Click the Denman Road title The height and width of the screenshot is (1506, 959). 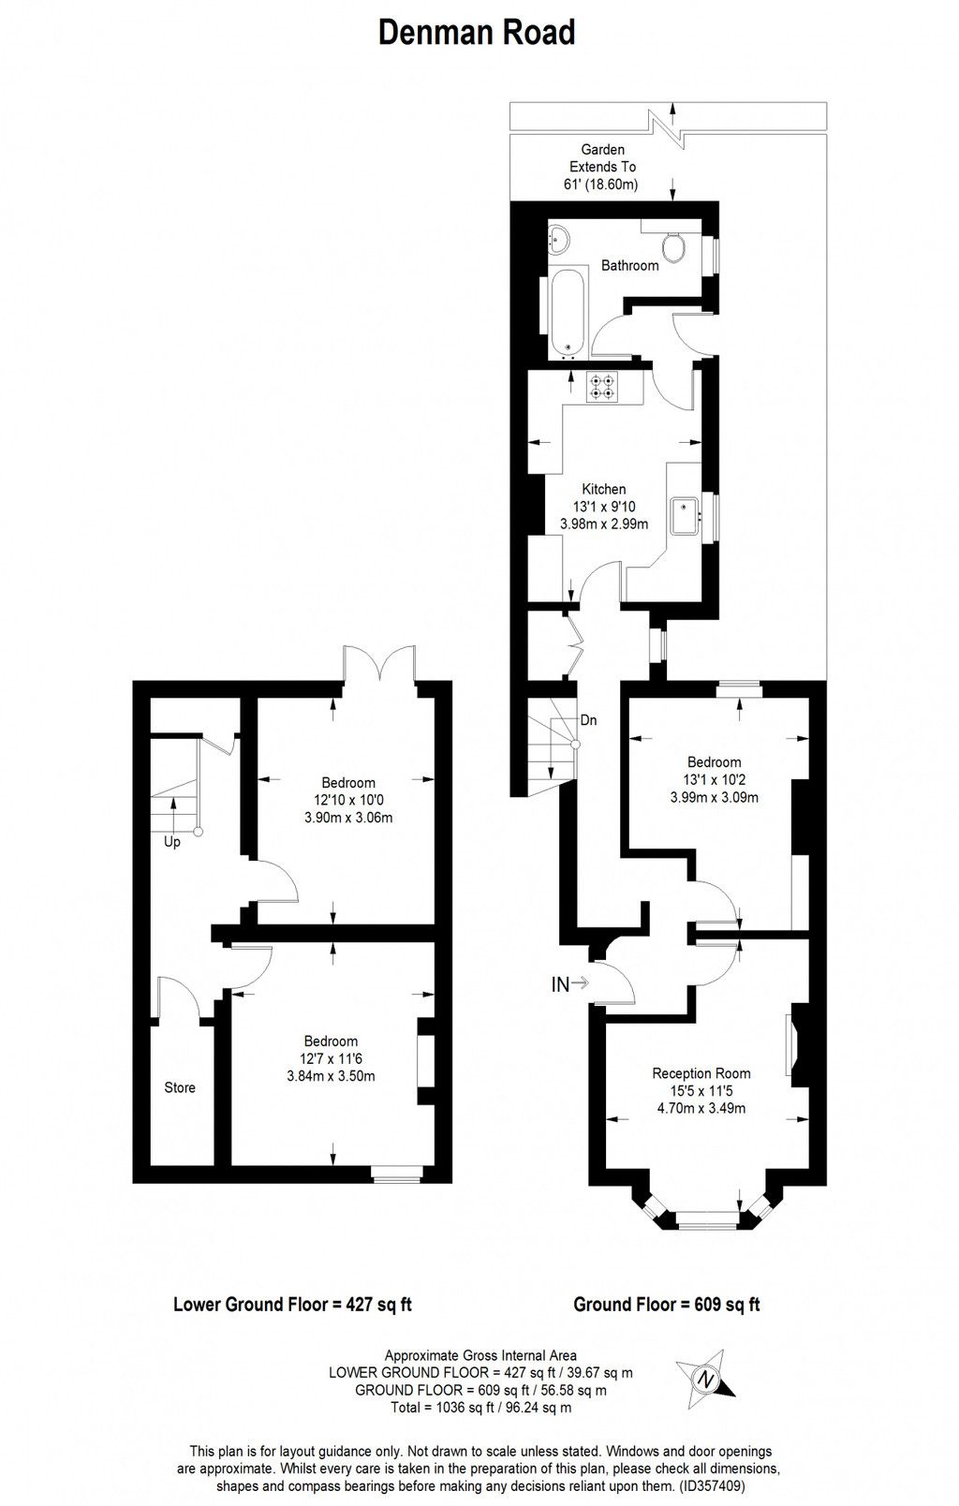477,33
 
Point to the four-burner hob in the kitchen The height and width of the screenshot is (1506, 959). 602,388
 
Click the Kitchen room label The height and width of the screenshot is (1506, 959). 603,489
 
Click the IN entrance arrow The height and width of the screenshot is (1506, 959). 569,983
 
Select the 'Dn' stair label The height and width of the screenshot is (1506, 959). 588,720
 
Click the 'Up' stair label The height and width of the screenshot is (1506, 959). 172,842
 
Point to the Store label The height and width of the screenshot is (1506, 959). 180,1087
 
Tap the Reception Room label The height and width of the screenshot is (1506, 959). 701,1073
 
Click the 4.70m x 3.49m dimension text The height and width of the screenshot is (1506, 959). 701,1109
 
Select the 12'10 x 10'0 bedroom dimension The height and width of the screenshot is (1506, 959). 347,800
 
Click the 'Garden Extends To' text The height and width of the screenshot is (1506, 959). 603,157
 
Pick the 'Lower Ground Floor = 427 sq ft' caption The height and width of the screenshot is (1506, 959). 293,1304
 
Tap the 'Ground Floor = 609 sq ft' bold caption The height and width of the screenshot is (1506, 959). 666,1304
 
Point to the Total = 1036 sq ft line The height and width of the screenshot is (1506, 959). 480,1408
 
